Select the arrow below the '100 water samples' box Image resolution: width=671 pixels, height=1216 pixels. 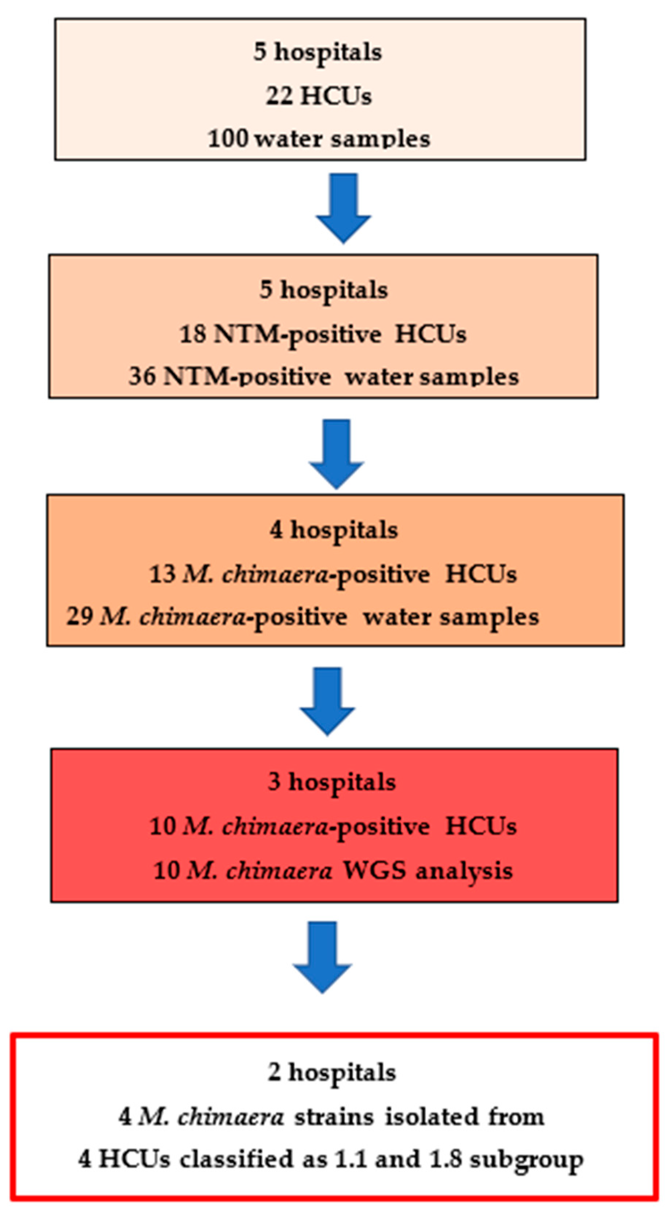tap(343, 208)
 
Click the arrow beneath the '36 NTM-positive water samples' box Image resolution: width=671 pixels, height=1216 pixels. tap(336, 453)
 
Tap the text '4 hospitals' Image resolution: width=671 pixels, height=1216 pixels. tap(334, 530)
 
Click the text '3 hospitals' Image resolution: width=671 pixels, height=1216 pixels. tap(332, 782)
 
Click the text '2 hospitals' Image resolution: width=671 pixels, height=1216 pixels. tap(332, 1073)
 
